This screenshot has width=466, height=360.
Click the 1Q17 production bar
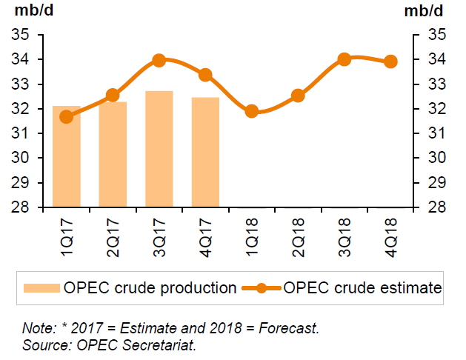point(66,157)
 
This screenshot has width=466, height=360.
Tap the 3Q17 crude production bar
point(159,150)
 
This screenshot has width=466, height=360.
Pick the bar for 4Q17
point(205,153)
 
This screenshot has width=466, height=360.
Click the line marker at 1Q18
point(252,111)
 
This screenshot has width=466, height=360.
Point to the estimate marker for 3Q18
point(344,59)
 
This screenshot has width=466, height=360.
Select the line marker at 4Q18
point(391,61)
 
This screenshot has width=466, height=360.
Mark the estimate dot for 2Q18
point(298,95)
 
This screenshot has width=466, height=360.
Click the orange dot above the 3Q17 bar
point(159,60)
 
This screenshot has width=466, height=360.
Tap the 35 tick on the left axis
point(21,35)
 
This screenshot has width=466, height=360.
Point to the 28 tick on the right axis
point(433,207)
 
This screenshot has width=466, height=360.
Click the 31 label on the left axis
point(21,133)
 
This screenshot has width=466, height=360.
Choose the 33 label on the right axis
point(433,84)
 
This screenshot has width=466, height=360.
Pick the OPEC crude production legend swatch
point(42,287)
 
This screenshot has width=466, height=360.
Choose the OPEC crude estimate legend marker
point(260,287)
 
